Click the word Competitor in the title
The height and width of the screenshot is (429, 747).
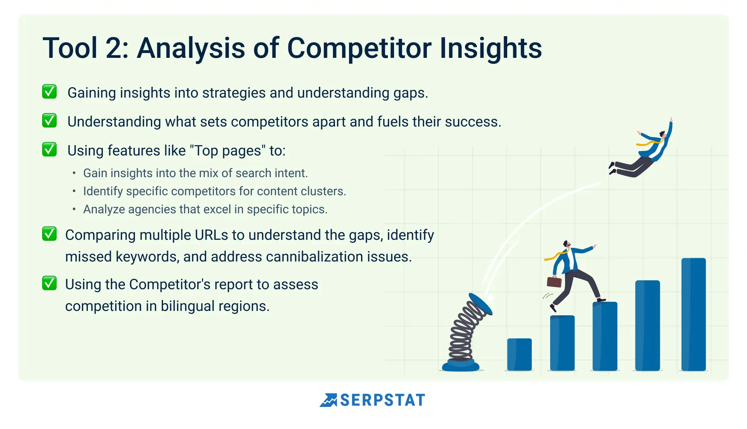coord(359,48)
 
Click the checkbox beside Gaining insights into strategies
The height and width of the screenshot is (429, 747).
coord(49,92)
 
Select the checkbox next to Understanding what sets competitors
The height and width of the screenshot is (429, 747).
coord(49,121)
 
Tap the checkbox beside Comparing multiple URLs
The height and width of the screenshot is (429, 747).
coord(49,234)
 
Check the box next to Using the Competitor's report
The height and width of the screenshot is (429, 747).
coord(49,283)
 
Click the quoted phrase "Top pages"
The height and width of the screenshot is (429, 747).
coord(227,151)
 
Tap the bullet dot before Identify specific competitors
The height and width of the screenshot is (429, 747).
coord(74,191)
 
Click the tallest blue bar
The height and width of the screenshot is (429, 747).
coord(694,314)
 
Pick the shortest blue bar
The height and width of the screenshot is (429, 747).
coord(519,354)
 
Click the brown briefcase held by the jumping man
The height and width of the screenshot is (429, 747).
coord(554,282)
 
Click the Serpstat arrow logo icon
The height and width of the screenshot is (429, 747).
coord(329,400)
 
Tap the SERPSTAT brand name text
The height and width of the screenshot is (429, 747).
coord(382,400)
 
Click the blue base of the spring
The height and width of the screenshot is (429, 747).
coord(461,366)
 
